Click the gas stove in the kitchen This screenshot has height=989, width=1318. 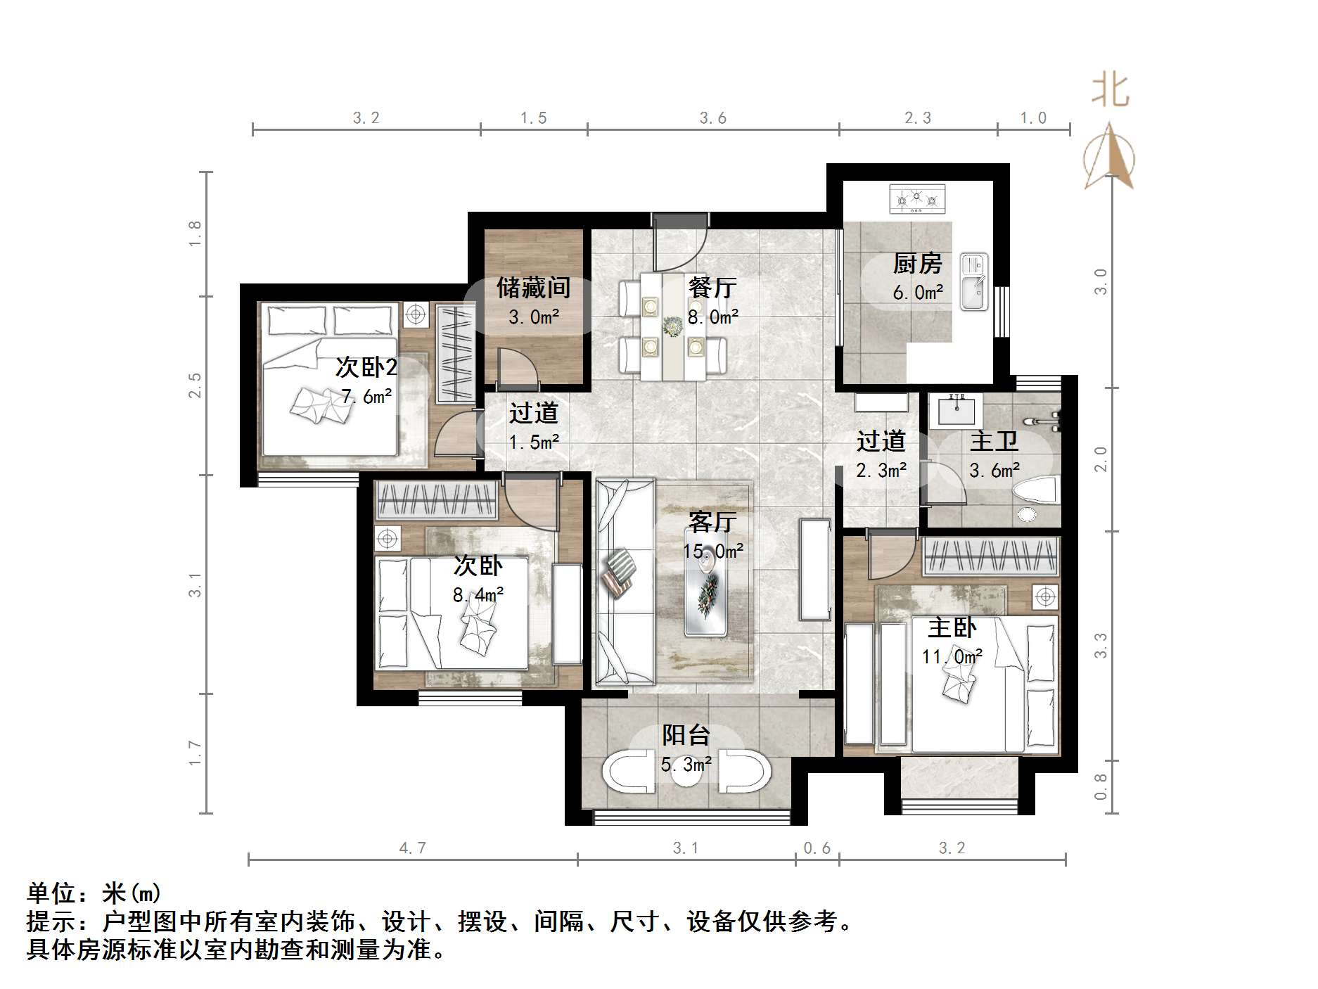(917, 199)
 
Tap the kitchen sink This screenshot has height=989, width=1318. (975, 282)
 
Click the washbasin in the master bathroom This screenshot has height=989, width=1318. (956, 410)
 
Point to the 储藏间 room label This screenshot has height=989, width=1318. (533, 287)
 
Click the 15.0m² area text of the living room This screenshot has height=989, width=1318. (712, 551)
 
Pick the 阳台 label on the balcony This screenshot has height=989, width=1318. (686, 735)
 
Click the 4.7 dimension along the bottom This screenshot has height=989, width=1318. (413, 848)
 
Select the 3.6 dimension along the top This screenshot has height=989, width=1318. (713, 118)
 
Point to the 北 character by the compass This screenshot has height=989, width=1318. (1111, 91)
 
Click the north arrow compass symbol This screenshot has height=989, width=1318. (1109, 155)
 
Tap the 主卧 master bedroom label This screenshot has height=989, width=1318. (952, 627)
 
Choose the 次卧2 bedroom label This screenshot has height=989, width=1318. (366, 366)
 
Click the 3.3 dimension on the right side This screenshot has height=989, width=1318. (1101, 646)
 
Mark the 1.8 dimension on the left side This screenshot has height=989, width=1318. (195, 234)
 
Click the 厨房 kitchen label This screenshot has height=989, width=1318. (917, 264)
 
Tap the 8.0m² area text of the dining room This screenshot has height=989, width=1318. (713, 317)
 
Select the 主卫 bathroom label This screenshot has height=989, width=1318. (994, 442)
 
